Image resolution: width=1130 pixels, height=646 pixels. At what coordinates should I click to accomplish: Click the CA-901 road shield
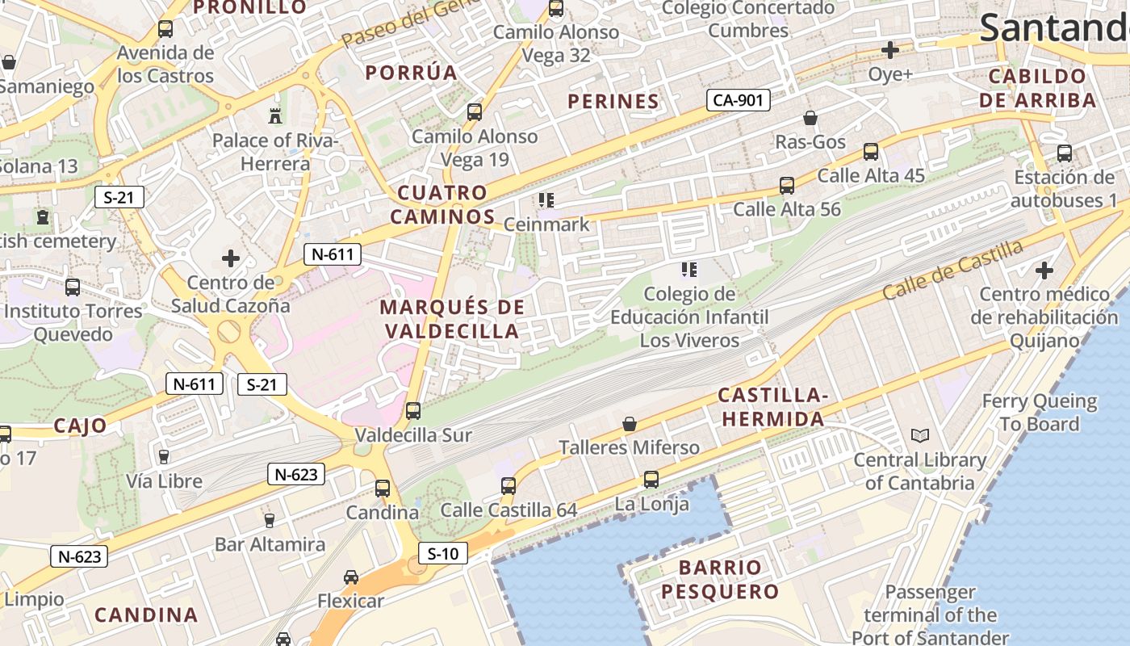[x=739, y=100]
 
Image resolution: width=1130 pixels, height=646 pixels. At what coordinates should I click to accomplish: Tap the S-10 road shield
[x=443, y=554]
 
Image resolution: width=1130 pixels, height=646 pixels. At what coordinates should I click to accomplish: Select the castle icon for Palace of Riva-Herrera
[x=275, y=115]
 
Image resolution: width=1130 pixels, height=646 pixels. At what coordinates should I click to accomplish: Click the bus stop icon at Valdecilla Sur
[x=413, y=410]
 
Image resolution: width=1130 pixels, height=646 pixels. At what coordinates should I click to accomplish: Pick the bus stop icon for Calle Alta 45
[x=871, y=151]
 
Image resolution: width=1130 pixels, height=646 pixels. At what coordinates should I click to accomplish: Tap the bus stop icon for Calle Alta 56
[x=787, y=186]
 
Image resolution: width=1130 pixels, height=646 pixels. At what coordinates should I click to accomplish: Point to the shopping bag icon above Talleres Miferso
[x=630, y=424]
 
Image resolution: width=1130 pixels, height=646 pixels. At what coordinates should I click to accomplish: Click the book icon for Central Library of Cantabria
[x=920, y=436]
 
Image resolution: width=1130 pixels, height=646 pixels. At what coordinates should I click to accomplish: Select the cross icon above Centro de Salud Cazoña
[x=231, y=258]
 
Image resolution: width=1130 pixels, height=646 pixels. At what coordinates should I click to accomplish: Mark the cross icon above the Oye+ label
[x=890, y=50]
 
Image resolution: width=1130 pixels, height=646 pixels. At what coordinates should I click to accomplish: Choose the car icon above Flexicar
[x=351, y=577]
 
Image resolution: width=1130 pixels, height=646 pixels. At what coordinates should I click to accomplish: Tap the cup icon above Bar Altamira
[x=270, y=520]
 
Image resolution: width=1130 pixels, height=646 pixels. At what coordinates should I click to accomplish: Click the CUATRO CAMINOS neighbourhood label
[x=442, y=204]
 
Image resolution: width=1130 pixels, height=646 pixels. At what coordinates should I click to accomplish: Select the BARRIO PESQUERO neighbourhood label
[x=720, y=579]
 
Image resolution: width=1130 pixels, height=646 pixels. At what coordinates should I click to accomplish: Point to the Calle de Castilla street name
[x=952, y=270]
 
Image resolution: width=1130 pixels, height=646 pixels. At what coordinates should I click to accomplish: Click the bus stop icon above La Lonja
[x=651, y=480]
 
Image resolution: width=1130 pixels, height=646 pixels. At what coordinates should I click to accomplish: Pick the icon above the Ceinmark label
[x=546, y=199]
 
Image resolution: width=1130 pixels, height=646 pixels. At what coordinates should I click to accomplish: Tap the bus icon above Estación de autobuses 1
[x=1065, y=153]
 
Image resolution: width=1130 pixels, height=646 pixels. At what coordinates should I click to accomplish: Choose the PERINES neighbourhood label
[x=613, y=101]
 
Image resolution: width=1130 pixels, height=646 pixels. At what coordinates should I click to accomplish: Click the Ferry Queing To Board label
[x=1040, y=412]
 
